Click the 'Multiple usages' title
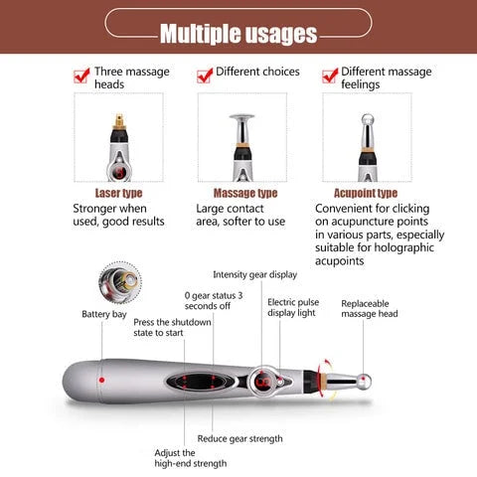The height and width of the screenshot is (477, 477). [x=238, y=33]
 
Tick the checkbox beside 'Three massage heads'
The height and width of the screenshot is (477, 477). [x=81, y=75]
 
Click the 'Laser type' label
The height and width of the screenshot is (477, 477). [x=118, y=193]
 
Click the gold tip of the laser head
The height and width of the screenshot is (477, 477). [x=120, y=122]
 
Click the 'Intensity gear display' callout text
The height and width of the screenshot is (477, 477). [x=254, y=274]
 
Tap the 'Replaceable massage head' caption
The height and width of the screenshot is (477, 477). [x=370, y=308]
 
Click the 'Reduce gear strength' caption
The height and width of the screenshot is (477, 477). [x=239, y=438]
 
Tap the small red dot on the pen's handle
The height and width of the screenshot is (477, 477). [x=101, y=382]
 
